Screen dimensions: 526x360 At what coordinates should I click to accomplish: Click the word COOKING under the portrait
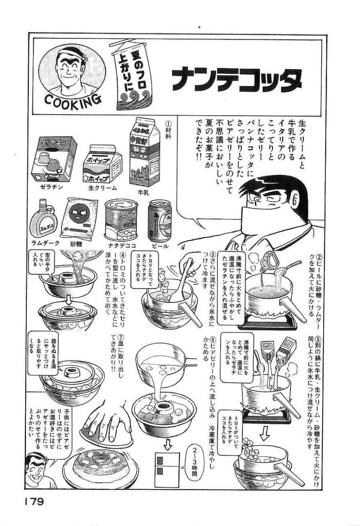click(72, 100)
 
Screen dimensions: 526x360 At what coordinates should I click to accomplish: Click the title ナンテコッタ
click(236, 80)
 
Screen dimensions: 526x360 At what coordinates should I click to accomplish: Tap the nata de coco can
click(120, 220)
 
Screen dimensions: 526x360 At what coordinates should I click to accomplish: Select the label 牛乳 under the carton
click(143, 193)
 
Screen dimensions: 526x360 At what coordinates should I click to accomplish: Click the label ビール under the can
click(160, 246)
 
